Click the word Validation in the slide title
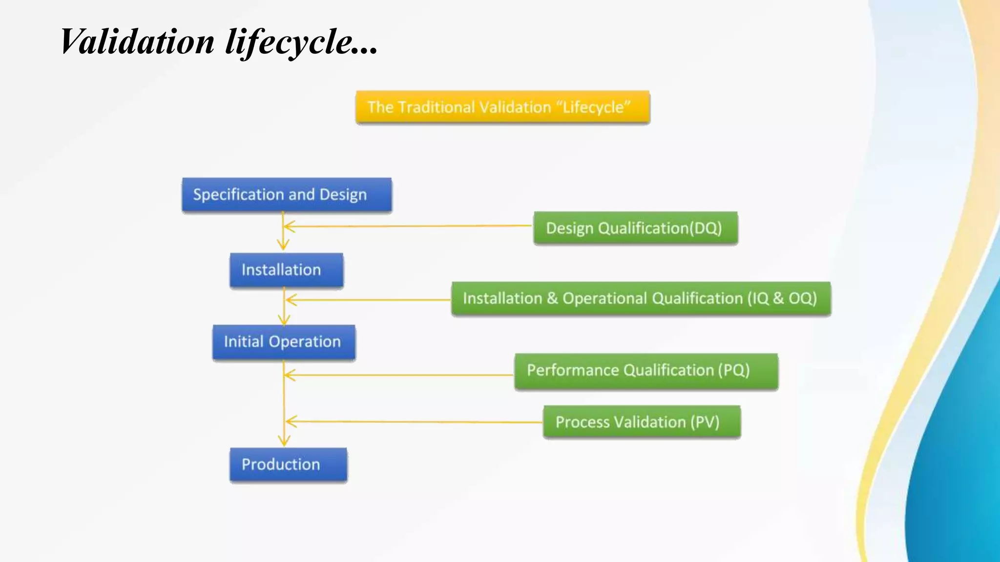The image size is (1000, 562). (x=137, y=41)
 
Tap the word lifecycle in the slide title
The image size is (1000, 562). (x=288, y=41)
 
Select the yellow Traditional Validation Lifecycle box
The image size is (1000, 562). (x=502, y=107)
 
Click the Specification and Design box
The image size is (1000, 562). (x=287, y=195)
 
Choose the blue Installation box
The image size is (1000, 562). (x=286, y=270)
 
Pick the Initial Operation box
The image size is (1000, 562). (x=284, y=342)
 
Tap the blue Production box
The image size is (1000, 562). (x=288, y=464)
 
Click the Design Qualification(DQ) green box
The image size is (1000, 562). (x=635, y=228)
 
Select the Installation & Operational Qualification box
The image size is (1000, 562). (x=641, y=298)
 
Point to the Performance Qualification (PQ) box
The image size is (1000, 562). (x=646, y=371)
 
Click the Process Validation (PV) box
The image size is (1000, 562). (x=642, y=422)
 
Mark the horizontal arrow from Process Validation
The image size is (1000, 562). (x=415, y=421)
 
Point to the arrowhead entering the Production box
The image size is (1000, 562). (x=284, y=441)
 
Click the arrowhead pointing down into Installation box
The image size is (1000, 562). (x=283, y=244)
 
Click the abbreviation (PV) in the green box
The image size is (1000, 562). (x=705, y=422)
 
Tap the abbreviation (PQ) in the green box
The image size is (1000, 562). (x=733, y=371)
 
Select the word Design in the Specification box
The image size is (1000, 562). (x=343, y=195)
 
